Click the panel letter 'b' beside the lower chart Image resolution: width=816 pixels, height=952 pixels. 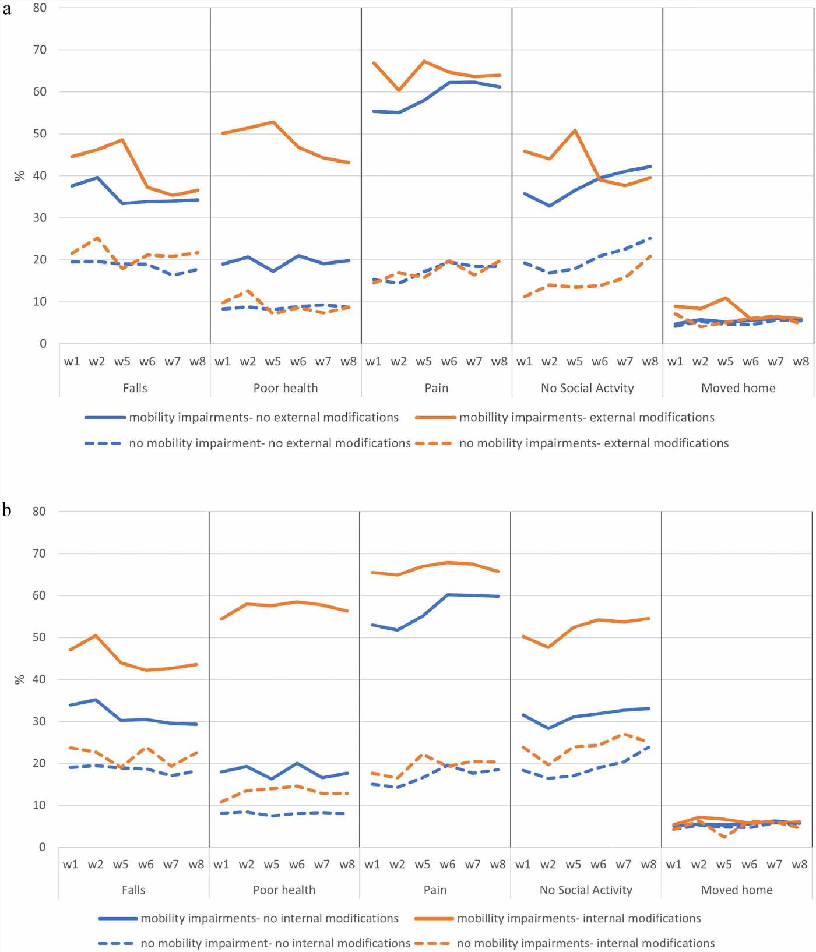click(6, 510)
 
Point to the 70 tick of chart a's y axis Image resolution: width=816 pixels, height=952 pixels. click(40, 50)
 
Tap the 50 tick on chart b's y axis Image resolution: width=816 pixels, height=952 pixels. click(38, 637)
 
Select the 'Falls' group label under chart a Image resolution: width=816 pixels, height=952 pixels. click(135, 388)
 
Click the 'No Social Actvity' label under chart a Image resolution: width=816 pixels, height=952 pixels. click(587, 388)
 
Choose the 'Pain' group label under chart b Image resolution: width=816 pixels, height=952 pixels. click(435, 890)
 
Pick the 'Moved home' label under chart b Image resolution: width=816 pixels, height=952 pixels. click(737, 890)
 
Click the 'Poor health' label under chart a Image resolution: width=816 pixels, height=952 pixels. click(286, 388)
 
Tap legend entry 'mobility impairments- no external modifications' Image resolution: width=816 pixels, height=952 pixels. click(263, 418)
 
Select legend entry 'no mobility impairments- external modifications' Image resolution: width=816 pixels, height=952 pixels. click(593, 443)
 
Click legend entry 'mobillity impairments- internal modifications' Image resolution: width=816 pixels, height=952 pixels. click(579, 919)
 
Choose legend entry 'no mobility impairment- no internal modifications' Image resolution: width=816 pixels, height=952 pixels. click(275, 943)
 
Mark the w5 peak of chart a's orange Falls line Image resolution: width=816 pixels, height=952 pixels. click(122, 140)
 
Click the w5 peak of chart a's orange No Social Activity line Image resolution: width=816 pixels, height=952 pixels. click(575, 130)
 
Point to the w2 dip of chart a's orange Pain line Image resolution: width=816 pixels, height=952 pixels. click(399, 90)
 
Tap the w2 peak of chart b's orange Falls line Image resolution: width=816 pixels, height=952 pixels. click(96, 635)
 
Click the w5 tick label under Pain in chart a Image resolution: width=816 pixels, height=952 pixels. click(424, 362)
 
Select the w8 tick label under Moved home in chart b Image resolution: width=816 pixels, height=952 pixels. click(799, 865)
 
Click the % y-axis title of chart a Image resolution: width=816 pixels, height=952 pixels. click(19, 175)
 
